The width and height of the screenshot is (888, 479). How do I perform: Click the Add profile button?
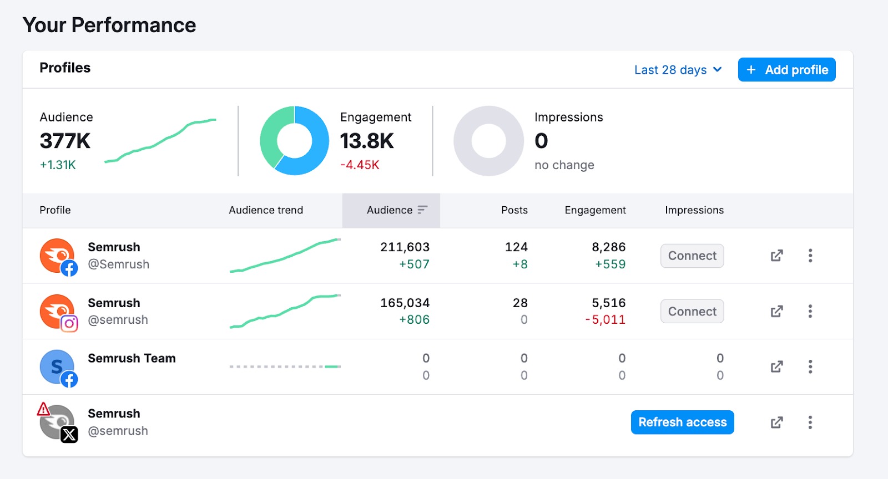[x=786, y=70]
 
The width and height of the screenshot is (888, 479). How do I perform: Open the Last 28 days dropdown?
[x=678, y=70]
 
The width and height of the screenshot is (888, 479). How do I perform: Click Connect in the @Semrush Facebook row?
[x=692, y=256]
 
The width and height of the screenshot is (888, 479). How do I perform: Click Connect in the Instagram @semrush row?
[x=692, y=312]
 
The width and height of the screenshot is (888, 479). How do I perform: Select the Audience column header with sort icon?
[x=396, y=210]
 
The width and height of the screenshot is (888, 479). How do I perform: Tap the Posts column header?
[x=514, y=210]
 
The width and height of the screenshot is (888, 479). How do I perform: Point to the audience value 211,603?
[x=405, y=247]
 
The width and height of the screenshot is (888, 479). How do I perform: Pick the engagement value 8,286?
[x=608, y=247]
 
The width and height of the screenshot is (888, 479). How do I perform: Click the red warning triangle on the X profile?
[x=43, y=410]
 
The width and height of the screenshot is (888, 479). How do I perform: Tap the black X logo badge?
[x=69, y=435]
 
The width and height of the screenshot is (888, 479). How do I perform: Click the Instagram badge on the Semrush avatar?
[x=69, y=323]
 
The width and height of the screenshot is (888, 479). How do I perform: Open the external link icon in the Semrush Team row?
[x=776, y=367]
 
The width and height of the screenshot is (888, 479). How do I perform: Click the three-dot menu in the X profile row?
[x=810, y=422]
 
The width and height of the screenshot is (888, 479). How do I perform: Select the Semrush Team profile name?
[x=132, y=359]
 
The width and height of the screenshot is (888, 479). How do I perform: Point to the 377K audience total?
[x=65, y=141]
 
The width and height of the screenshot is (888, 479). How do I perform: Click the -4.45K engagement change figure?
[x=360, y=165]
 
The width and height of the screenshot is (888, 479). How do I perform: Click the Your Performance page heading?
[x=109, y=26]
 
